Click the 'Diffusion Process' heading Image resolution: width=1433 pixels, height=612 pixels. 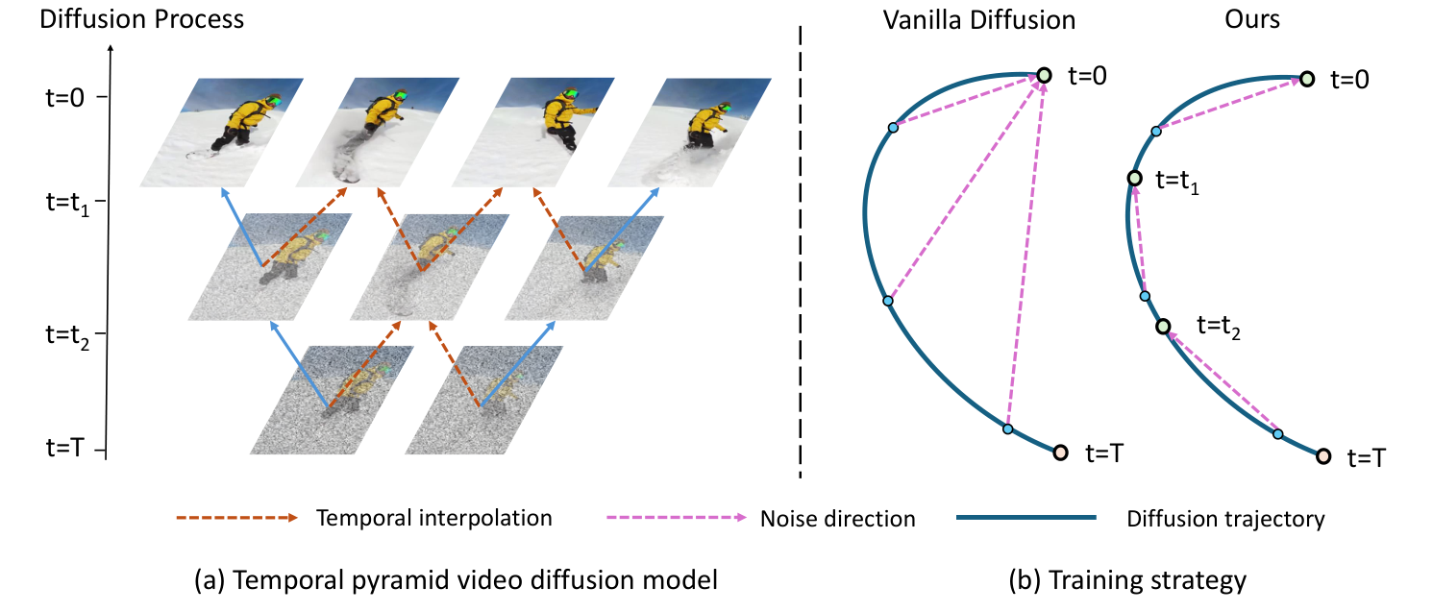141,18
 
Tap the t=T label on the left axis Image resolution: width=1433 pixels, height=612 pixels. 71,447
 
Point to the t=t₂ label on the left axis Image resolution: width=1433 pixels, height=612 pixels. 74,333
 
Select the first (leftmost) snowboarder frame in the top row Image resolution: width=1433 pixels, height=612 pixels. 222,132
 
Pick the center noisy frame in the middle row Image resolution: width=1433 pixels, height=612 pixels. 427,266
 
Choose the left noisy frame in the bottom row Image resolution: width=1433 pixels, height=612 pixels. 332,399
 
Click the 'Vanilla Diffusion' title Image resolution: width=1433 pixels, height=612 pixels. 979,19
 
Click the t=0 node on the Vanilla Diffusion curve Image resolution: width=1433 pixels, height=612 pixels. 1045,75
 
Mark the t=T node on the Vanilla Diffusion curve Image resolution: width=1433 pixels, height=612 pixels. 1060,453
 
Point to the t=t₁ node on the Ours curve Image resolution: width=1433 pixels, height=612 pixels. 1134,178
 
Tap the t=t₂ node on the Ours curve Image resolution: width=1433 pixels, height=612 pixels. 1164,327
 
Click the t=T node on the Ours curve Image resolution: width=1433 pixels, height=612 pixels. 1322,455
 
